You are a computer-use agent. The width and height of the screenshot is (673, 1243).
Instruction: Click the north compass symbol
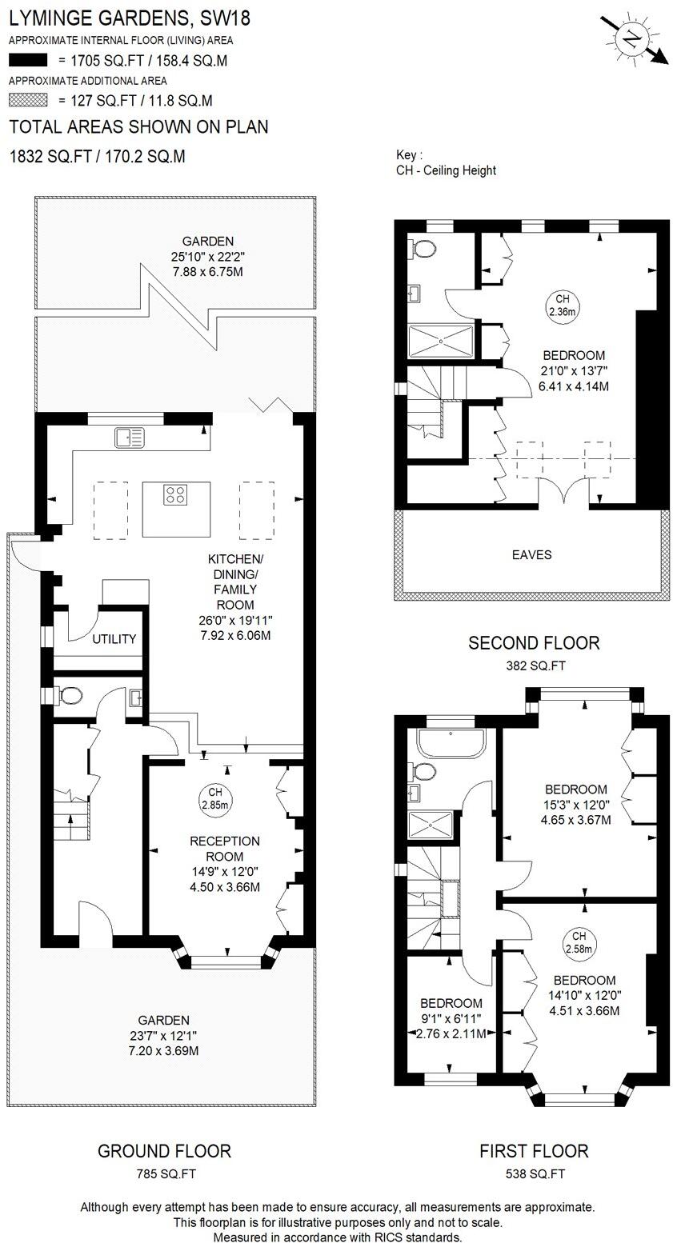pyautogui.click(x=633, y=38)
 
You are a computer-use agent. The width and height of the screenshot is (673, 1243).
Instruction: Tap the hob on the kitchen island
pyautogui.click(x=176, y=495)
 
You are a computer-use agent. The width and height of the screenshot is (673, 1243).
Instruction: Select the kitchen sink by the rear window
pyautogui.click(x=130, y=438)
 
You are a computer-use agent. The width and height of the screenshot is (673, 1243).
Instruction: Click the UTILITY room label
pyautogui.click(x=114, y=639)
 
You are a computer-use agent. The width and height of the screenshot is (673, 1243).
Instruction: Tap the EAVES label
pyautogui.click(x=532, y=554)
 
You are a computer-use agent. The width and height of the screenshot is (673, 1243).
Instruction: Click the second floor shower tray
pyautogui.click(x=441, y=342)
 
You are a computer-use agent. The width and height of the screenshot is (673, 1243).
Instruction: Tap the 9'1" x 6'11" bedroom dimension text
pyautogui.click(x=451, y=1018)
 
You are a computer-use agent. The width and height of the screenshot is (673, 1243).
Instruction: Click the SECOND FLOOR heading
pyautogui.click(x=533, y=642)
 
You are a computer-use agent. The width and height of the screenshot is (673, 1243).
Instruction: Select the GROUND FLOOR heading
pyautogui.click(x=164, y=1151)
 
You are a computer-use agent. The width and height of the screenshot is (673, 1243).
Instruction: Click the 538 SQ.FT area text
pyautogui.click(x=533, y=1174)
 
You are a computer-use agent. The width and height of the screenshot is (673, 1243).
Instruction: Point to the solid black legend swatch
pyautogui.click(x=29, y=59)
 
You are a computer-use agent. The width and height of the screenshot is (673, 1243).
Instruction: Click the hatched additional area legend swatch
pyautogui.click(x=29, y=101)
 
